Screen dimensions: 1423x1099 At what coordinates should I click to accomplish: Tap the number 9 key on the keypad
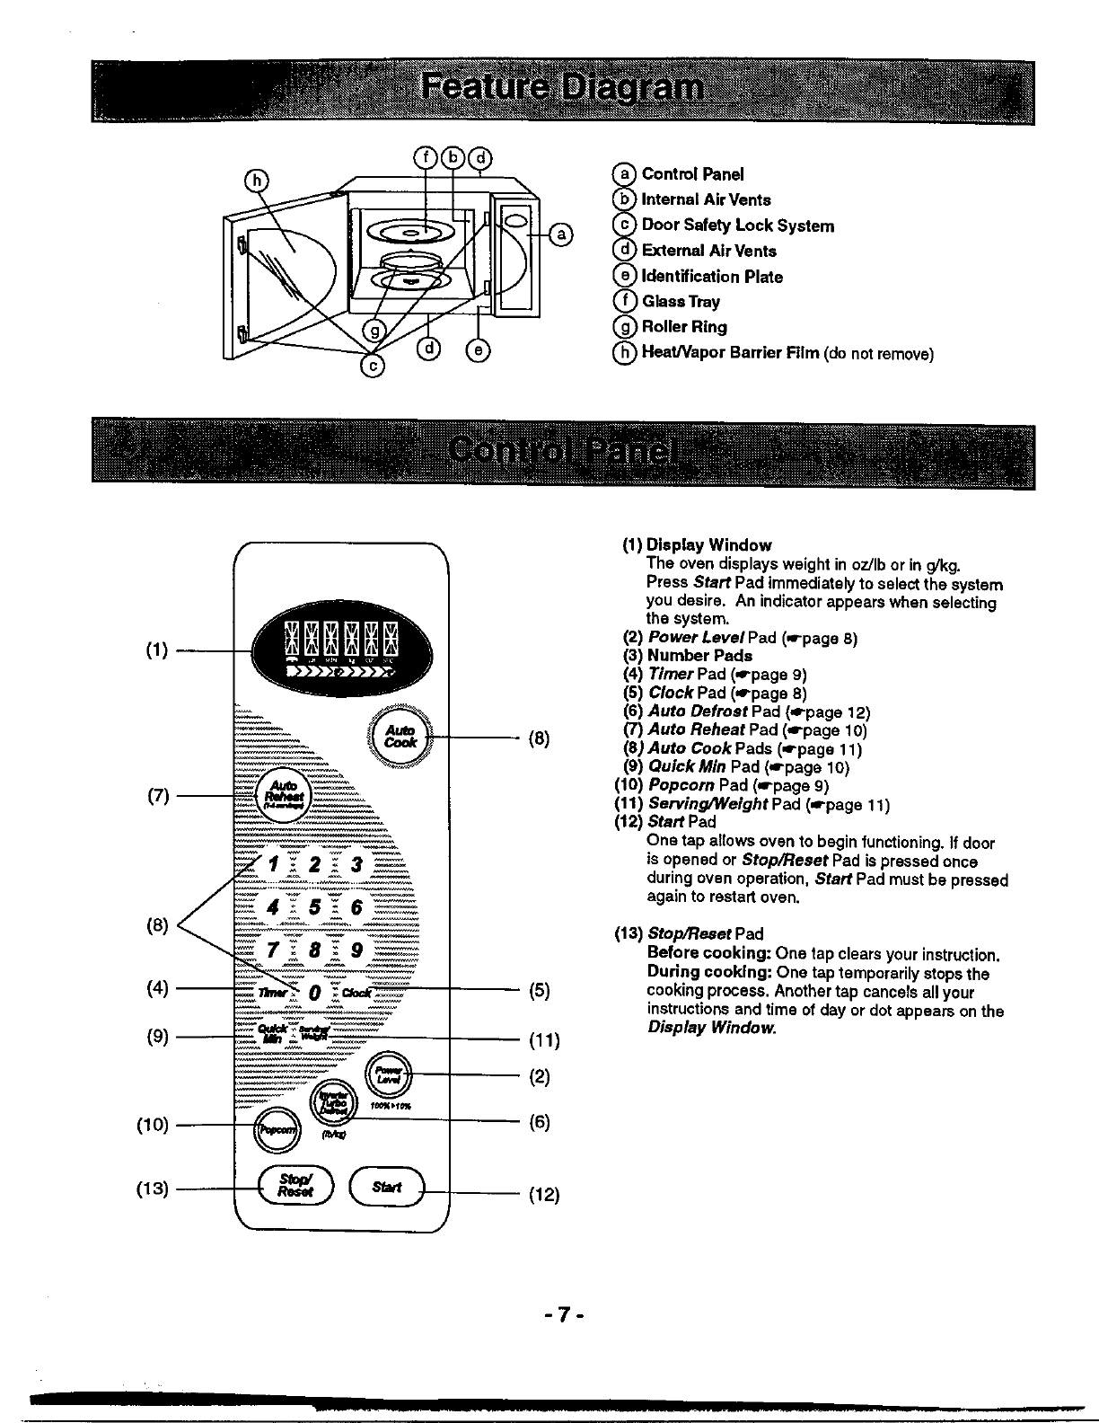(x=356, y=950)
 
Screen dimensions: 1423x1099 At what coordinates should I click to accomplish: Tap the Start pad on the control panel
(x=387, y=1188)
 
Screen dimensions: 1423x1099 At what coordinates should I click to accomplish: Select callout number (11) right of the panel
(x=543, y=1041)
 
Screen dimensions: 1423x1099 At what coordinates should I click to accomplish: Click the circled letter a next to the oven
(x=559, y=235)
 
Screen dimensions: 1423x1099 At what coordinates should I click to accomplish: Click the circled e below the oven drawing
(x=478, y=351)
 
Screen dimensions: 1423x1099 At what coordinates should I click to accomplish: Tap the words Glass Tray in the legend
(x=681, y=302)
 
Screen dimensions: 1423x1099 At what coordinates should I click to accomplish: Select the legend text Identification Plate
(x=712, y=277)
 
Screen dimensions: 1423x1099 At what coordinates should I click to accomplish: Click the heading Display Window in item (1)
(x=709, y=545)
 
